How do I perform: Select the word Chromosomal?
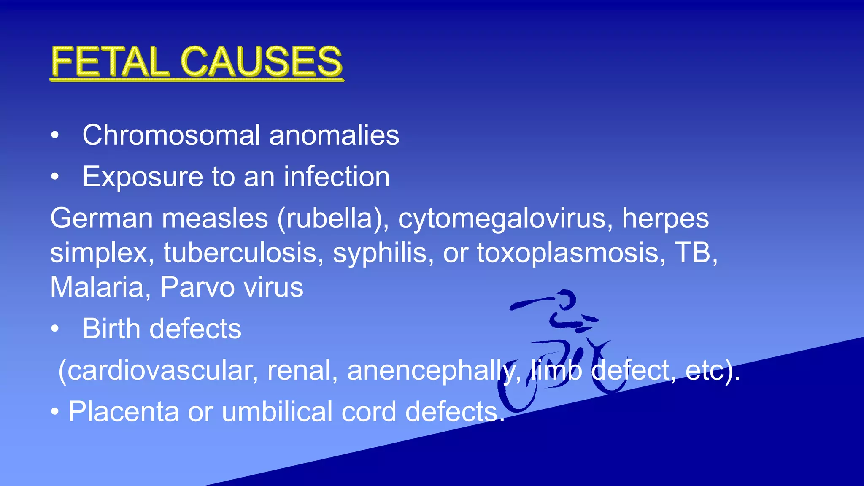click(171, 135)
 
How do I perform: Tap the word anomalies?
click(334, 135)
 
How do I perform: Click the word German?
click(101, 218)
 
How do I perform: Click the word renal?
click(302, 370)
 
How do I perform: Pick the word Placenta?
click(123, 411)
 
